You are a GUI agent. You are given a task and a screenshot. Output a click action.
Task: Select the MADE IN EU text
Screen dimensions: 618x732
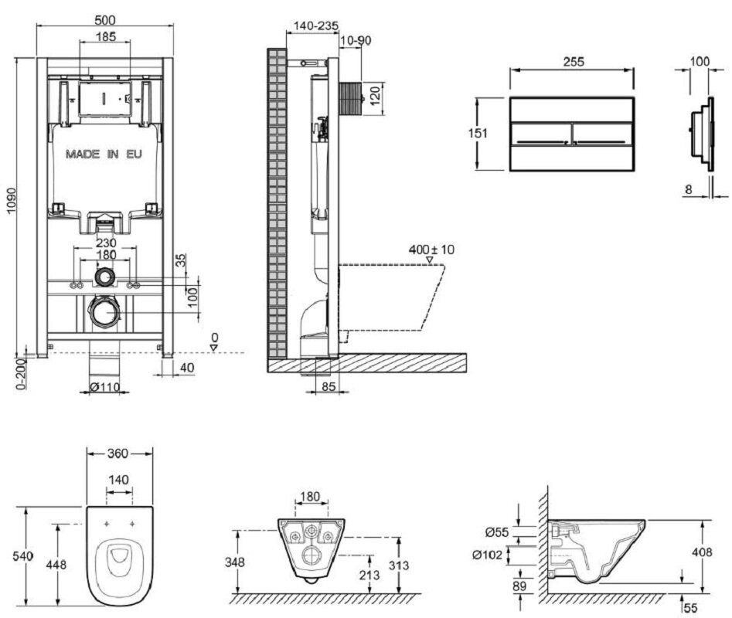coord(104,154)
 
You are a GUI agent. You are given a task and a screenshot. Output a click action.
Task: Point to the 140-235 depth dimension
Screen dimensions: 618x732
coord(312,25)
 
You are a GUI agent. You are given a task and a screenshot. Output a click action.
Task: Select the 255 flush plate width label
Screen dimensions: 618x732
coord(573,61)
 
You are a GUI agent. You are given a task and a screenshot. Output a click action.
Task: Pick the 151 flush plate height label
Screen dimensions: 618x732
coord(479,133)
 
